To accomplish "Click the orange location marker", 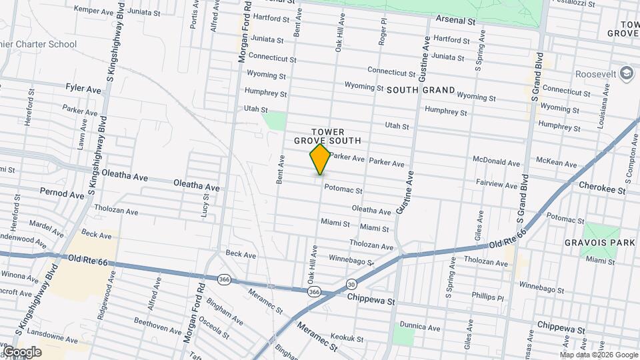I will pos(321,159).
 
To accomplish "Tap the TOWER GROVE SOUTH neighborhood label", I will pos(327,136).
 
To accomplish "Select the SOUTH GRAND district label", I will pos(421,89).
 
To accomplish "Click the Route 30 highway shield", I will pos(351,285).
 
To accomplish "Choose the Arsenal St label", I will pos(455,21).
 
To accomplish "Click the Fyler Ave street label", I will pos(83,88).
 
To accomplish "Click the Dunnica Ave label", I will pos(420,328).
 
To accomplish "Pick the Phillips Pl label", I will pos(487,296).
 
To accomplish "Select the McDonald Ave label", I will pos(495,162).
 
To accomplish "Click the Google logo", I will pos(22,352).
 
